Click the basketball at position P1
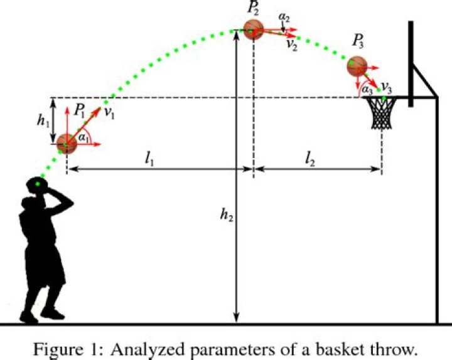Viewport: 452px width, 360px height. click(x=67, y=144)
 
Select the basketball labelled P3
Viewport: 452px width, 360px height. click(x=357, y=66)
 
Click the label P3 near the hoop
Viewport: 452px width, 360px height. click(x=358, y=43)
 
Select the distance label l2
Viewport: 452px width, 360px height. click(x=310, y=159)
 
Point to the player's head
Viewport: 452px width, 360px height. click(x=38, y=186)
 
